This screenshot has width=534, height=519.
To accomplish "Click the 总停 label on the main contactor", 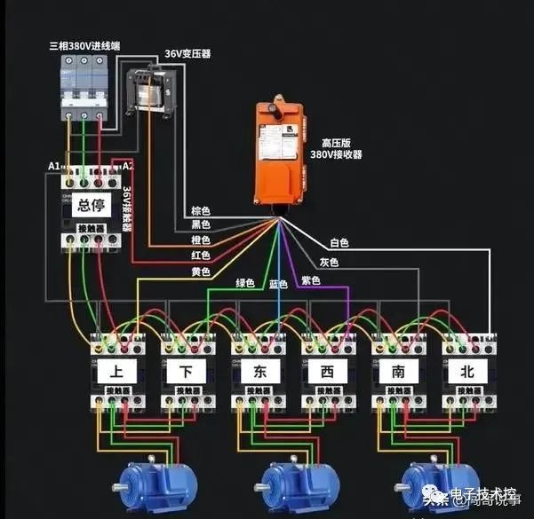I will click(92, 206).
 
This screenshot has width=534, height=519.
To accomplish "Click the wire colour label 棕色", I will click(201, 211).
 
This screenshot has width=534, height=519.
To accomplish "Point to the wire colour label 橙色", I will click(201, 240).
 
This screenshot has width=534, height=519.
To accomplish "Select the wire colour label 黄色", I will click(201, 271).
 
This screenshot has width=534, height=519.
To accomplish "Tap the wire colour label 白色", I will click(339, 241).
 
